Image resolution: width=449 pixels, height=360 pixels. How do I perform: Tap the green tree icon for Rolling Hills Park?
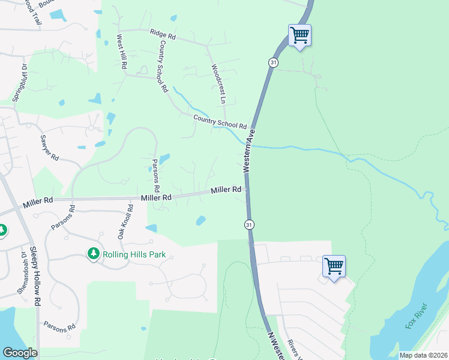coord(93,254)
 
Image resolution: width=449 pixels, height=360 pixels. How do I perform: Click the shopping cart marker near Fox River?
coord(333,265)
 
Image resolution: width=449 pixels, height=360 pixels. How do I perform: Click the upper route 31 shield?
coord(273,62)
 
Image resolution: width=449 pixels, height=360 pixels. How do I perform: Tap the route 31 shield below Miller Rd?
coord(249,224)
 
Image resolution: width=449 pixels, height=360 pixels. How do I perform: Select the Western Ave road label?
coord(250,151)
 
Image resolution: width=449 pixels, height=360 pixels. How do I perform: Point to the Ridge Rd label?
coord(163,35)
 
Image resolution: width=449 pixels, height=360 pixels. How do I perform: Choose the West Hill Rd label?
coord(122,52)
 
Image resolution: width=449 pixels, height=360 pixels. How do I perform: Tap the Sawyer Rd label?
coord(49,148)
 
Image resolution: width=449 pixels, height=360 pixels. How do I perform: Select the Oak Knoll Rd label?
coord(125,221)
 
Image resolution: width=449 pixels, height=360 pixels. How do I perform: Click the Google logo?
coord(20,353)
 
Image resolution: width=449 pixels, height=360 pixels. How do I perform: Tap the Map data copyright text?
coord(423,355)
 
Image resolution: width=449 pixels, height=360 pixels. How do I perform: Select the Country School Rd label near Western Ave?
coord(220,122)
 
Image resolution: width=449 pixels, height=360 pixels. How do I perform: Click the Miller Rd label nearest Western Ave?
coord(226,190)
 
